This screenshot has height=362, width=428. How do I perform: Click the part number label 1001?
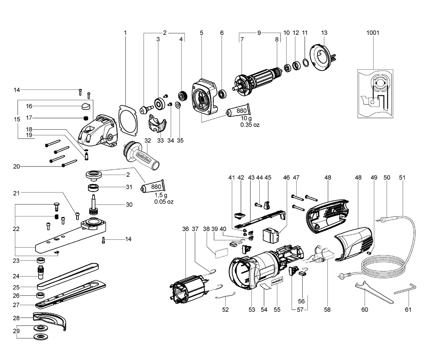[x=373, y=33]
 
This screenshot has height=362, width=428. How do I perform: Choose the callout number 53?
[x=252, y=309]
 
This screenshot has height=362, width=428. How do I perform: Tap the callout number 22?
[x=16, y=229]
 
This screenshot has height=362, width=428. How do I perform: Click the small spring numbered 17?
[x=86, y=118]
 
